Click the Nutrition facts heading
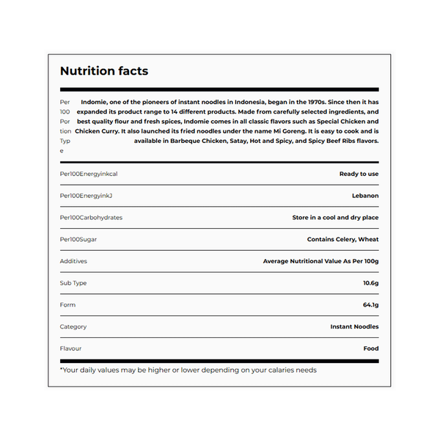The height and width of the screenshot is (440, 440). tap(103, 71)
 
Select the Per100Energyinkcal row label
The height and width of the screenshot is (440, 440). tap(88, 174)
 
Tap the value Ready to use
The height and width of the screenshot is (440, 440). tap(359, 174)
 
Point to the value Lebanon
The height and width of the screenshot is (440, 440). tap(365, 196)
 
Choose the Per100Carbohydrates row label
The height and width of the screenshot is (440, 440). tap(91, 218)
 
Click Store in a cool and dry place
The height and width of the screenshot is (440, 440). tap(335, 218)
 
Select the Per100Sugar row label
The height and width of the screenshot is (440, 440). tap(78, 239)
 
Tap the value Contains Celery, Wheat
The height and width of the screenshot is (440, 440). tap(342, 239)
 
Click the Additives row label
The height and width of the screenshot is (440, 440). tap(73, 261)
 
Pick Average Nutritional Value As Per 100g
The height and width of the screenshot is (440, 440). tap(320, 261)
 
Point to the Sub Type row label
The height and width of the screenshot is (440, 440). tap(73, 283)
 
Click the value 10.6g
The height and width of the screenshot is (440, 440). tap(370, 283)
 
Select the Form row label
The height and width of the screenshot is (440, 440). tap(67, 305)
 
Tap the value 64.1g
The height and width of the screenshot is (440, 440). tap(370, 305)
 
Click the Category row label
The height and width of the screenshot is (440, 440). tap(73, 327)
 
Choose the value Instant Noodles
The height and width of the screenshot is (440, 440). tap(354, 327)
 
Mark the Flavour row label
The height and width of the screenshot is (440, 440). tap(71, 348)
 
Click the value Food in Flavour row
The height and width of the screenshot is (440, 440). tap(371, 348)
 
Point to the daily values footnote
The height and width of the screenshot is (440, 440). tap(188, 370)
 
